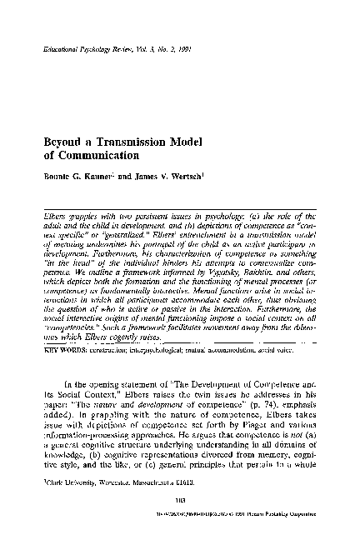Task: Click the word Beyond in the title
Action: [62, 139]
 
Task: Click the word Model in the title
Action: [194, 139]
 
